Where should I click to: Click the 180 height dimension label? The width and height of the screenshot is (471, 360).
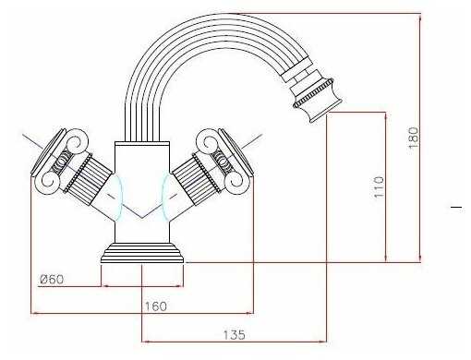pyautogui.click(x=414, y=138)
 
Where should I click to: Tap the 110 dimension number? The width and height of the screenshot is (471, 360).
pyautogui.click(x=379, y=186)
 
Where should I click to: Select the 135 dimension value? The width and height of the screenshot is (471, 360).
pyautogui.click(x=234, y=334)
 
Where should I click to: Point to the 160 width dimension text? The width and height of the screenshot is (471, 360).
pyautogui.click(x=156, y=306)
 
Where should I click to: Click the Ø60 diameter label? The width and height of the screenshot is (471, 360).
pyautogui.click(x=52, y=279)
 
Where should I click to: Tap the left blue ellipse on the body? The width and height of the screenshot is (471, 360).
pyautogui.click(x=117, y=198)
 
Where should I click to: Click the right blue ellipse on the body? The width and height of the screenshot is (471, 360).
pyautogui.click(x=165, y=198)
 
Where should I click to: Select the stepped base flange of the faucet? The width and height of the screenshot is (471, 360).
pyautogui.click(x=142, y=253)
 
